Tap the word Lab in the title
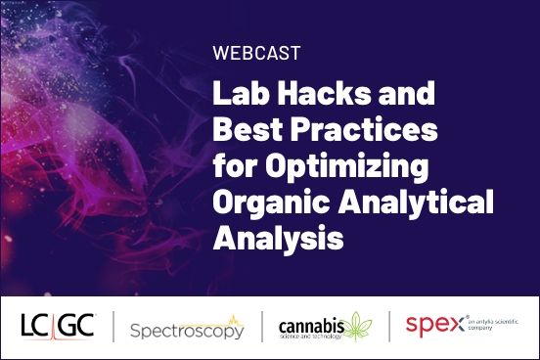[239, 95]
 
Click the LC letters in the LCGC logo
[36, 326]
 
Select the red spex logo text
[430, 325]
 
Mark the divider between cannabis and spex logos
[389, 327]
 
